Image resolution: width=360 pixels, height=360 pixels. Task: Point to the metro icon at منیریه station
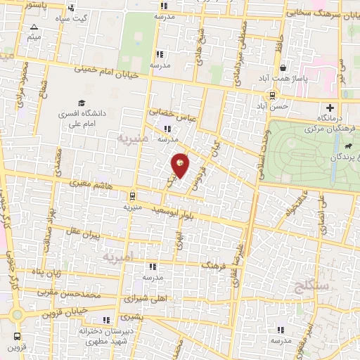point(132,196)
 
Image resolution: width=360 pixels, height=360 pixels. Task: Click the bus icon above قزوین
point(15,335)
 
